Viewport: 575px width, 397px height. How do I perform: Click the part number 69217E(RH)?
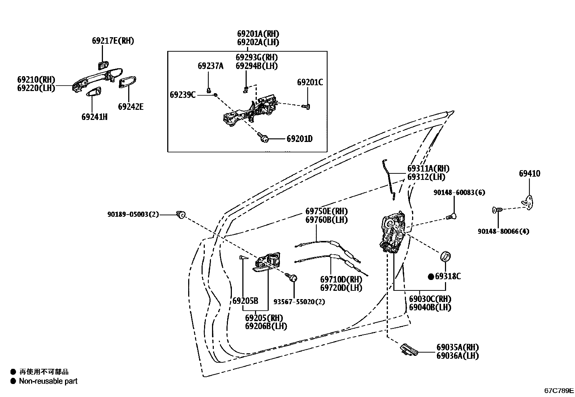(113, 41)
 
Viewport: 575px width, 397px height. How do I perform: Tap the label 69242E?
(130, 107)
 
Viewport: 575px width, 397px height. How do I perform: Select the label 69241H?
(94, 117)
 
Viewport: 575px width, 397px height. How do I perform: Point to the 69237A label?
(210, 66)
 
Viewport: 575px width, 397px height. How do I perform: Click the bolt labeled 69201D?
(262, 138)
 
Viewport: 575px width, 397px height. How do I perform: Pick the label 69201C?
(310, 82)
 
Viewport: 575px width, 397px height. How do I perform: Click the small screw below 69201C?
(307, 107)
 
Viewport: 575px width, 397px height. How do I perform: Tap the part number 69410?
(529, 173)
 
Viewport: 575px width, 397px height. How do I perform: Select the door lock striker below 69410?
(528, 202)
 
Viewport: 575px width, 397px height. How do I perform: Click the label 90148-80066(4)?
(503, 231)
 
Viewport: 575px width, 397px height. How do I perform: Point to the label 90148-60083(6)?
(459, 193)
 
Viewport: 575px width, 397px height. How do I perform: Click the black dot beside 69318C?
(430, 277)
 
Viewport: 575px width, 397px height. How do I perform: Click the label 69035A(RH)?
(457, 347)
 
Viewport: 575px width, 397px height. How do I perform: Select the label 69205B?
(245, 301)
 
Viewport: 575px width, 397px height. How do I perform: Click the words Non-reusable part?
(48, 381)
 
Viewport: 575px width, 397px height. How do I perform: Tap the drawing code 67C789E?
(559, 390)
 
